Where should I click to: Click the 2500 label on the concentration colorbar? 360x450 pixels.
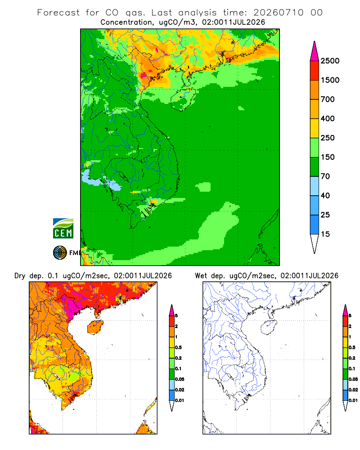330,61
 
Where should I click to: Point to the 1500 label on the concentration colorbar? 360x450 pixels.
330,80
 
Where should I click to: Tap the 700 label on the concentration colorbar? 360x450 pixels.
328,99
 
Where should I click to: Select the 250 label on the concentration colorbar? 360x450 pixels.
328,138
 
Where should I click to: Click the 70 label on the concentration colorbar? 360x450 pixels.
325,176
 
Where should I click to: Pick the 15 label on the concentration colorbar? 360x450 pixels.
325,234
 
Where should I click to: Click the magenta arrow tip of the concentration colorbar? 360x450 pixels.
315,51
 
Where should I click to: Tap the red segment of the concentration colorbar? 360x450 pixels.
315,71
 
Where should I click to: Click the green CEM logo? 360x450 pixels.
63,229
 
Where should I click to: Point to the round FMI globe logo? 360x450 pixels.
60,253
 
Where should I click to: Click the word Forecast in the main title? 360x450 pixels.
58,13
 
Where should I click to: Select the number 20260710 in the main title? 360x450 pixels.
278,13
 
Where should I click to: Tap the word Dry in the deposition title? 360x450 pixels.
20,276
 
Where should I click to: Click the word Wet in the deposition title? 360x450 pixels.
201,276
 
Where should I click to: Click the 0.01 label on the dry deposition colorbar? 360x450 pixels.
180,400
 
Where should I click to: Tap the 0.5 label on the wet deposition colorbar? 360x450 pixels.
351,347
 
